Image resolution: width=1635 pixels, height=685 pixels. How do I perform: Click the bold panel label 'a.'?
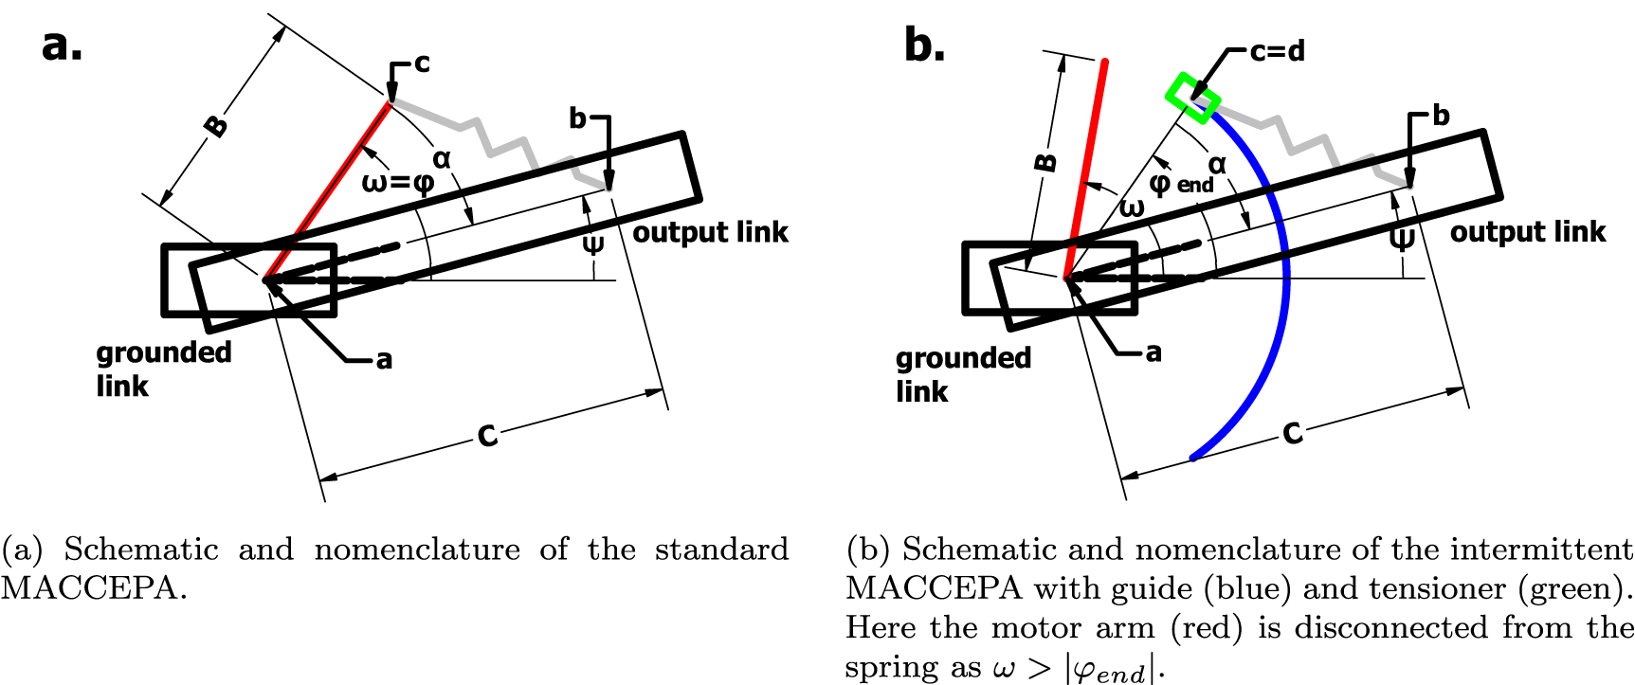tap(62, 45)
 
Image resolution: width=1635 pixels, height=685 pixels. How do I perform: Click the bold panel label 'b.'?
tap(924, 45)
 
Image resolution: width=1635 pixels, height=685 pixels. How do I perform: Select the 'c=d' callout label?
tap(1277, 51)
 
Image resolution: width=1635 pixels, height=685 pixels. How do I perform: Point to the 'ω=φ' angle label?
tap(398, 181)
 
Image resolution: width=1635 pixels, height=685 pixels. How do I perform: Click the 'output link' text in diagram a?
tap(710, 232)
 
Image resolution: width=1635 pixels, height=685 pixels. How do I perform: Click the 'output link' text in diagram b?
tap(1527, 231)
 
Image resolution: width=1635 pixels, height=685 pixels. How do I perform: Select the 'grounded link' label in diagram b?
tap(963, 374)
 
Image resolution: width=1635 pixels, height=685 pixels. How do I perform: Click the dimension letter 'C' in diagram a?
tap(487, 435)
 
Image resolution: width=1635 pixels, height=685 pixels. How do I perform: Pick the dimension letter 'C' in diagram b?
tap(1292, 433)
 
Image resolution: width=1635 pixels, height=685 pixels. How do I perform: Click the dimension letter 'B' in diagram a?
tap(217, 125)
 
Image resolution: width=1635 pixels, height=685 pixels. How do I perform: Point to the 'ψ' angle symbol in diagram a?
tap(593, 244)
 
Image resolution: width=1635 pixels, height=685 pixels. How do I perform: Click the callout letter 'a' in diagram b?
tap(1153, 352)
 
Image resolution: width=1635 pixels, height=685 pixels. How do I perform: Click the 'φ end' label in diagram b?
tap(1179, 183)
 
